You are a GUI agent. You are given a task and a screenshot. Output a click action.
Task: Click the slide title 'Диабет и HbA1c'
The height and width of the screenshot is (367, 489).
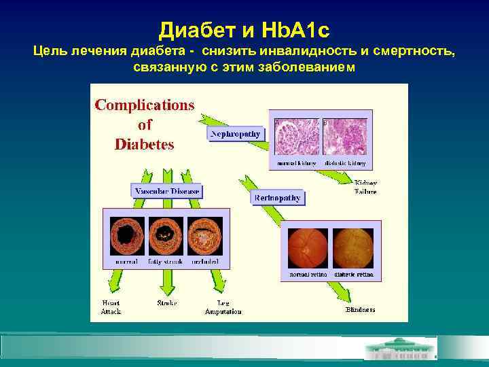(244, 29)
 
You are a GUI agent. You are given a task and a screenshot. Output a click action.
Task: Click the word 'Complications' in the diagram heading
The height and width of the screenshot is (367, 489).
(144, 105)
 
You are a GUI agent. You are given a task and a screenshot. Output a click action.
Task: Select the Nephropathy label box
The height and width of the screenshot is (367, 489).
(235, 134)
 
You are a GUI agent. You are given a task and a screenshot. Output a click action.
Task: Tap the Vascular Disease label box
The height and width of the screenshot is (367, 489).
(166, 191)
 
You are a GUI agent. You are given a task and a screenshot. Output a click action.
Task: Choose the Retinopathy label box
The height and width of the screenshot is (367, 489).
(277, 198)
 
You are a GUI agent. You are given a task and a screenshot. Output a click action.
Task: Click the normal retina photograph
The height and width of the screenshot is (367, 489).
(308, 249)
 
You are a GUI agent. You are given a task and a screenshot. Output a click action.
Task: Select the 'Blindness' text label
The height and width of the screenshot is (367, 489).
(360, 309)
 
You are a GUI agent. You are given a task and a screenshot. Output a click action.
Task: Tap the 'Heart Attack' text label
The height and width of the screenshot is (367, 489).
(111, 307)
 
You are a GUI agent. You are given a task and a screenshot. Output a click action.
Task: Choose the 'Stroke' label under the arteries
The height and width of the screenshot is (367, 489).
(167, 302)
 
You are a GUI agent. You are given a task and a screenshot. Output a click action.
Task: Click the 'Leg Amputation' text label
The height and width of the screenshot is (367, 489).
(223, 307)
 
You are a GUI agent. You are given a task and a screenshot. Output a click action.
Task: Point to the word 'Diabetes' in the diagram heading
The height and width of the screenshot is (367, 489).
(144, 144)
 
